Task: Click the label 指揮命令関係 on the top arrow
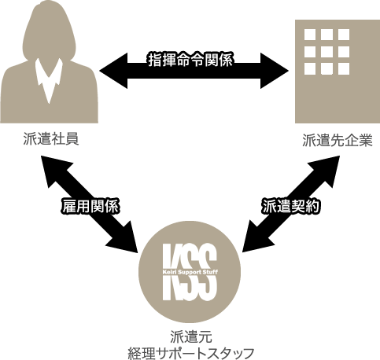190,60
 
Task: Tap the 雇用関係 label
90,207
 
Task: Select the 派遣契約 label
291,206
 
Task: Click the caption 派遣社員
51,139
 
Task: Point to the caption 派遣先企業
338,140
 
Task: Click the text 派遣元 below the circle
191,336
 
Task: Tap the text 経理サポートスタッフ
191,353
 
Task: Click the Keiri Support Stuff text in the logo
190,272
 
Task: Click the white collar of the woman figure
49,79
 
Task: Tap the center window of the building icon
327,52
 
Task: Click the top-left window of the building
310,35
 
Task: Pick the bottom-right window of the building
344,68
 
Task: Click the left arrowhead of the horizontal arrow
113,71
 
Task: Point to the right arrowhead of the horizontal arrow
275,71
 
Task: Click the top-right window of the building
344,35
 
